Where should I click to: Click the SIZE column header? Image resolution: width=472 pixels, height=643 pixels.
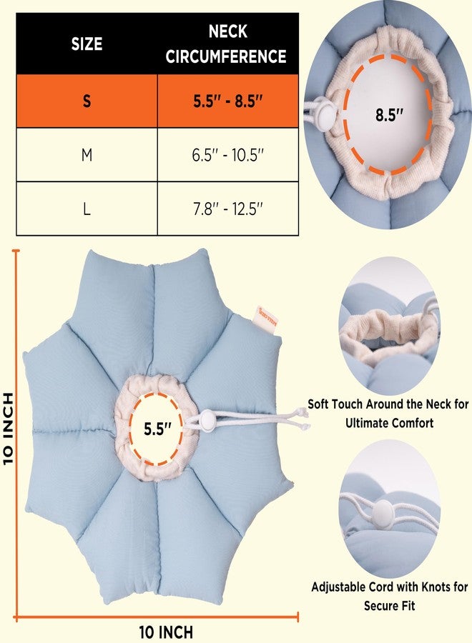(x=87, y=44)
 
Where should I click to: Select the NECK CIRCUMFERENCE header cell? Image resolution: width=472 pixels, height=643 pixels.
(x=228, y=44)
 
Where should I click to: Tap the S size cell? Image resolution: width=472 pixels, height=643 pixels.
(x=87, y=101)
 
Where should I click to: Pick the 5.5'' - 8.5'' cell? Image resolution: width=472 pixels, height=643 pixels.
(x=228, y=101)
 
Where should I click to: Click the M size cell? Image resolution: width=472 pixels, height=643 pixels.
(x=87, y=154)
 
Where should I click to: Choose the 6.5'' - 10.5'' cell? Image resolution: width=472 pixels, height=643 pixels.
(x=228, y=154)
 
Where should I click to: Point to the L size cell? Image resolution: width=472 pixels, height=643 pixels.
(x=87, y=209)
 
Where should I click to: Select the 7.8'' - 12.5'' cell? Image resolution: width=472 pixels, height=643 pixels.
(x=228, y=209)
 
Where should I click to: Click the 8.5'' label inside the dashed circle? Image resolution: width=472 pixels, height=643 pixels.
(x=390, y=114)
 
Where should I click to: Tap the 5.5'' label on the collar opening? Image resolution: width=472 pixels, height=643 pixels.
(x=157, y=429)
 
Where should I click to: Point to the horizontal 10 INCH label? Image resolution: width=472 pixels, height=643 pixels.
(x=166, y=632)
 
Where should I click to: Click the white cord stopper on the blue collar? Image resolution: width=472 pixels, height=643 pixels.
(x=207, y=420)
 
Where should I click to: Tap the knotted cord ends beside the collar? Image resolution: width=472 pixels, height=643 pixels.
(x=303, y=419)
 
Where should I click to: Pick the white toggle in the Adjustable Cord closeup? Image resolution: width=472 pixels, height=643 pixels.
(x=383, y=512)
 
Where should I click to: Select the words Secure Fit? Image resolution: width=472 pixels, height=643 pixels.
(x=390, y=606)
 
